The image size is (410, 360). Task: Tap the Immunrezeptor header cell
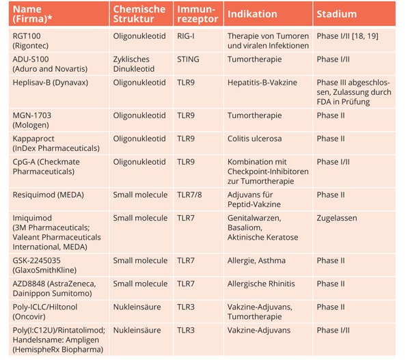pyautogui.click(x=197, y=14)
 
